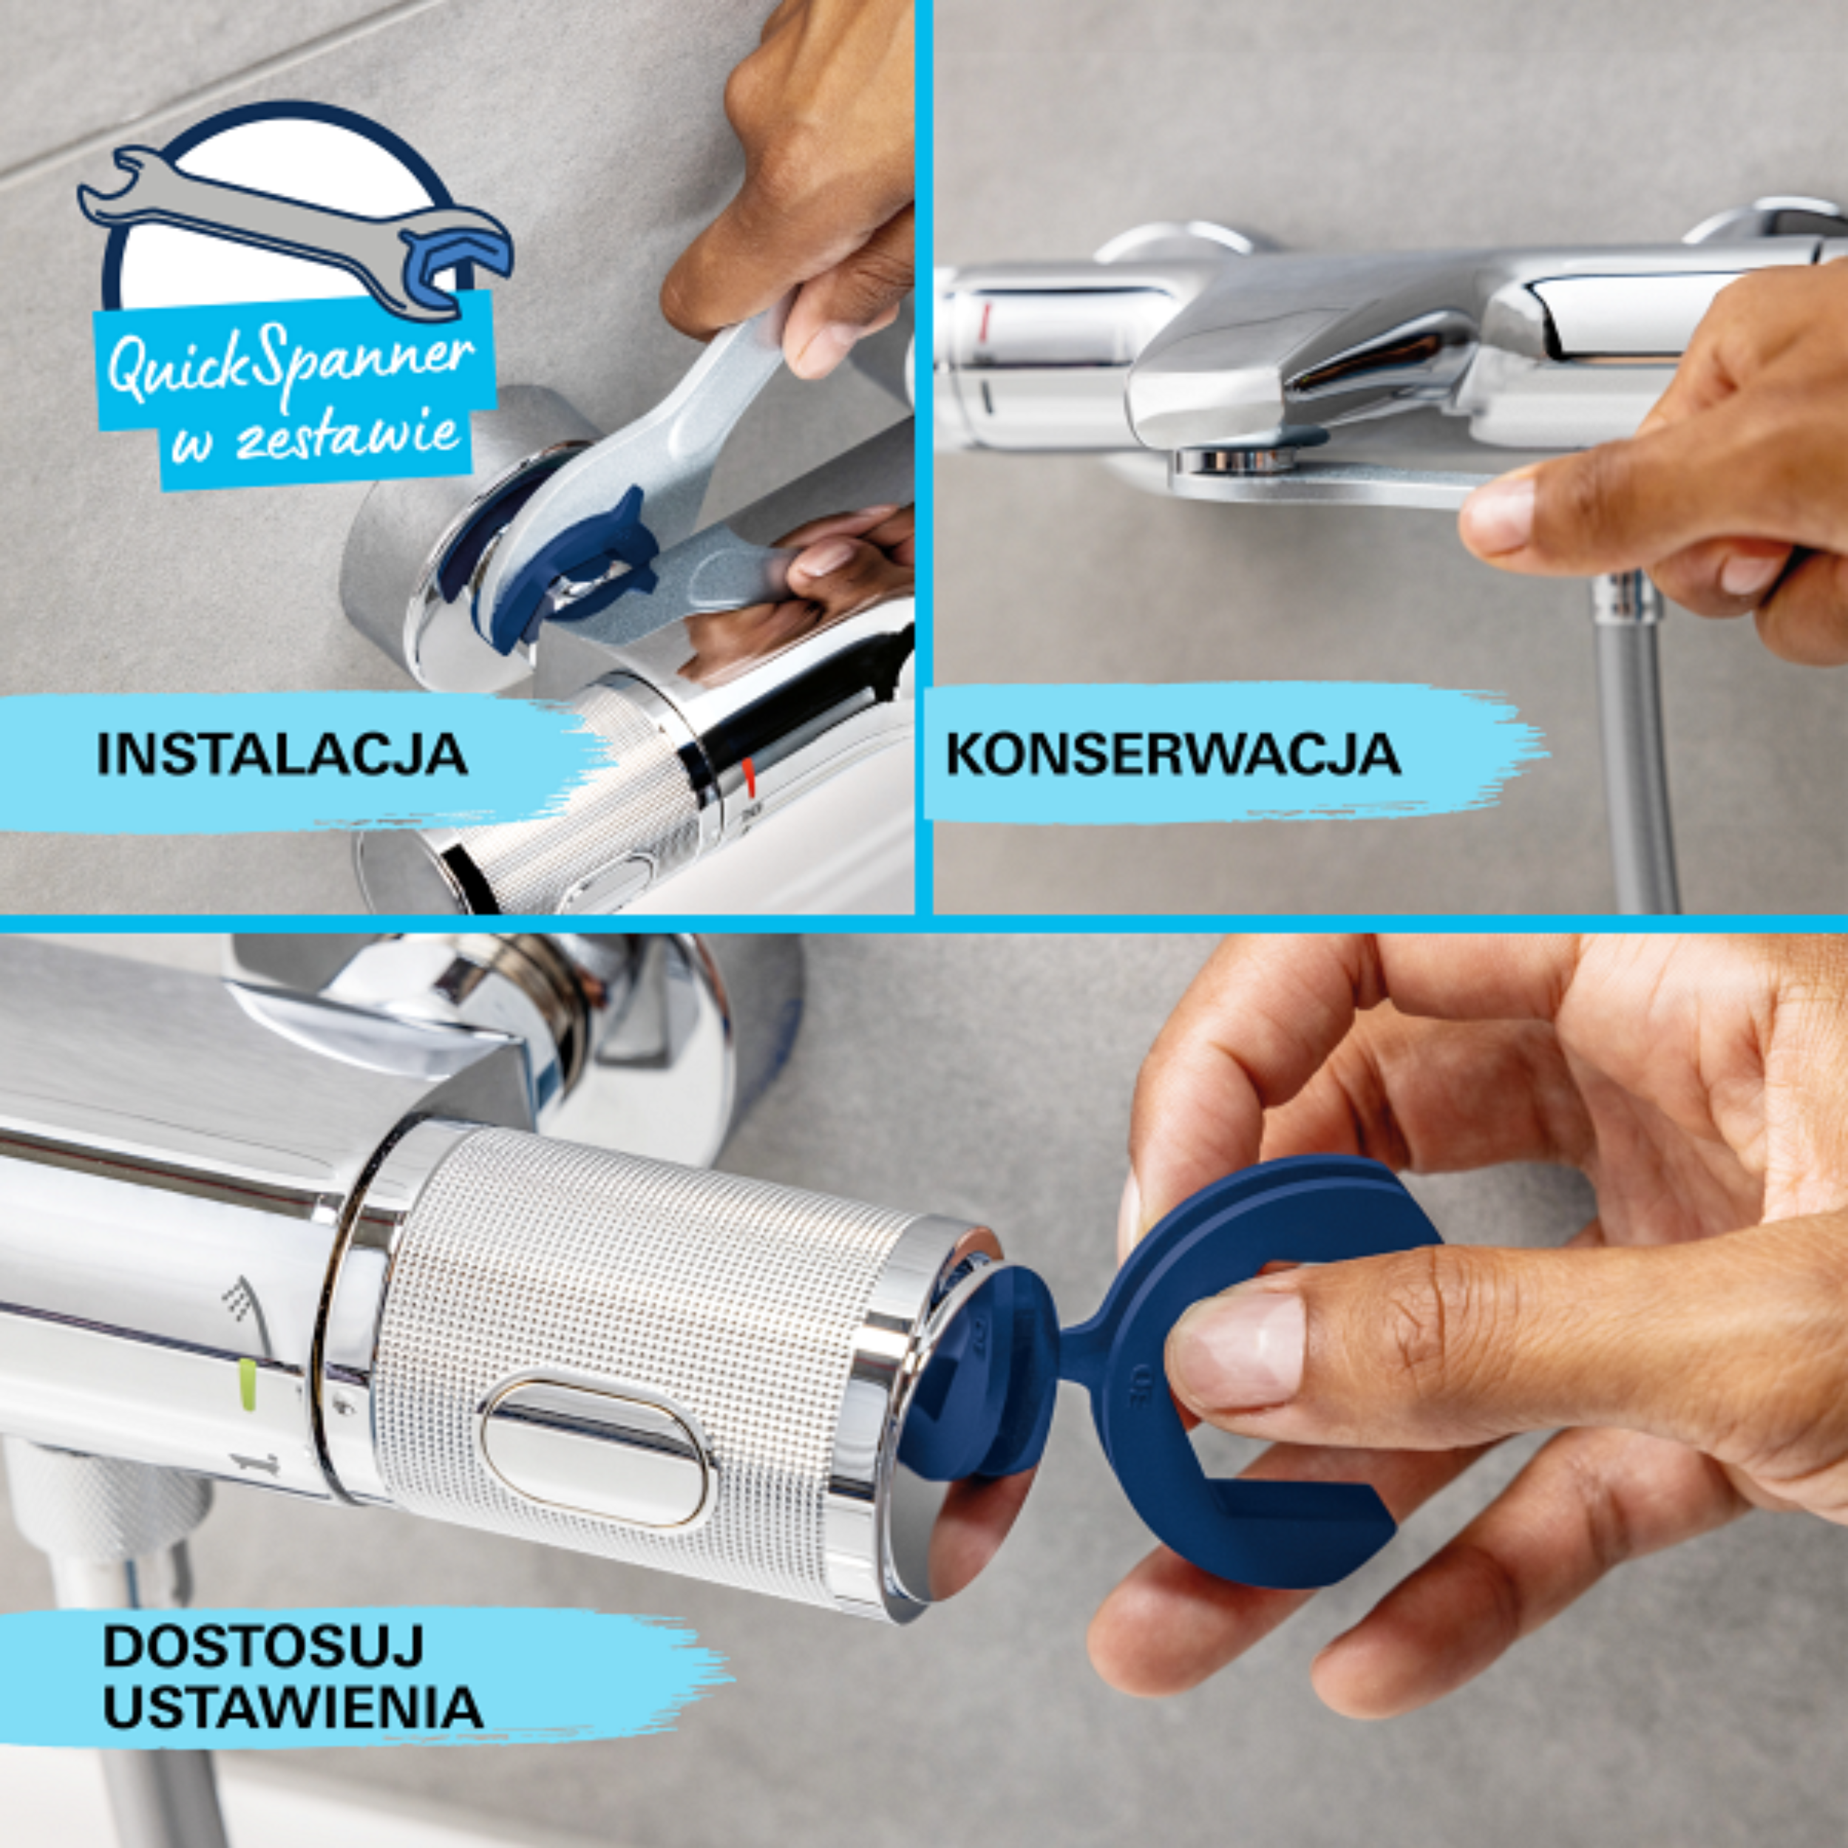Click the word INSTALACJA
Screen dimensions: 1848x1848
point(282,755)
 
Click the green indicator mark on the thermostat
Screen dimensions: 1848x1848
point(247,1383)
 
